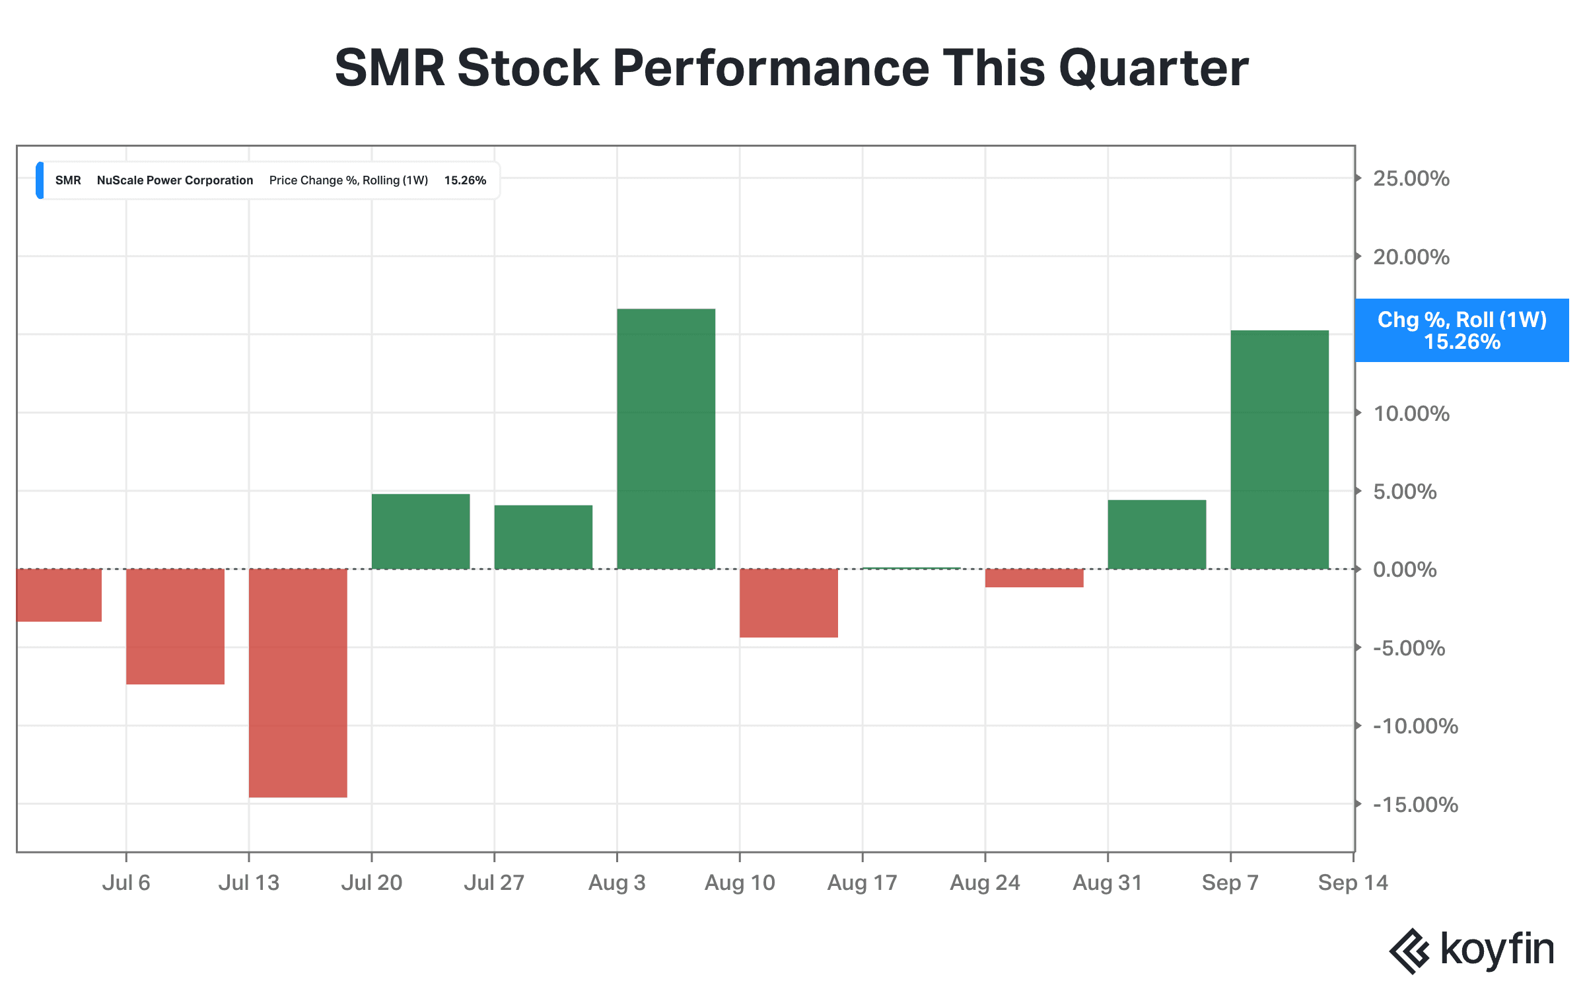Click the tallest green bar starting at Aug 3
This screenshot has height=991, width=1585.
point(666,439)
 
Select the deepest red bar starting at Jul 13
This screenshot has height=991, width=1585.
point(298,683)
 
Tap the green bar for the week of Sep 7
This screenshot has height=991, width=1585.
point(1280,449)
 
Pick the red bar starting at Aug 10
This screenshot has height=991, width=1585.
point(789,603)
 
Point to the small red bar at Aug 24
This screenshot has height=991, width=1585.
point(1034,578)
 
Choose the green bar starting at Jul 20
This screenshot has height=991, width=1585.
point(421,531)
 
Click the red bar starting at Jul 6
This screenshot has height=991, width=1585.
point(175,626)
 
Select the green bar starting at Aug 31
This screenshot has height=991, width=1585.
point(1157,534)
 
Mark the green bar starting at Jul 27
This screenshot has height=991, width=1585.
point(544,537)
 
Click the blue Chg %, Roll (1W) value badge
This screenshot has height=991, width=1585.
point(1462,330)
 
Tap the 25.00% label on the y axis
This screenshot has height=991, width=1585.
point(1411,178)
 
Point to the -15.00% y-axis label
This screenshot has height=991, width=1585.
point(1415,805)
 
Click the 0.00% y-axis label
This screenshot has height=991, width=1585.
point(1405,569)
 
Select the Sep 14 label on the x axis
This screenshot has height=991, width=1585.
point(1353,883)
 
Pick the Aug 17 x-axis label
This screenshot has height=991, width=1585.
point(863,883)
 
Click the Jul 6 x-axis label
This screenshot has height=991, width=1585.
point(126,883)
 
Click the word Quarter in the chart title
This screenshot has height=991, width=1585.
point(1154,69)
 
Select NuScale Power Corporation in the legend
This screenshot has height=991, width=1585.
point(175,180)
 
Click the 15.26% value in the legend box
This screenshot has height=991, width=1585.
point(465,180)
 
